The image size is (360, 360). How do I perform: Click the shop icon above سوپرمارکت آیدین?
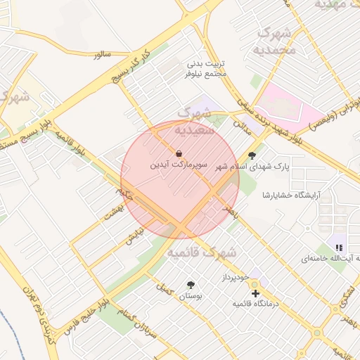click(x=179, y=153)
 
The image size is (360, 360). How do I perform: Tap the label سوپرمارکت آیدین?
click(x=179, y=166)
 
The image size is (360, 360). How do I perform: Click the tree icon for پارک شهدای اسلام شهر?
click(x=252, y=155)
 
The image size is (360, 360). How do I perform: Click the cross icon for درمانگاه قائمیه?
click(x=255, y=292)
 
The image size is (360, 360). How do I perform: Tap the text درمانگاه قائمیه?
click(x=256, y=304)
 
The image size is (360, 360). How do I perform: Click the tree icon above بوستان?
click(x=191, y=285)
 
